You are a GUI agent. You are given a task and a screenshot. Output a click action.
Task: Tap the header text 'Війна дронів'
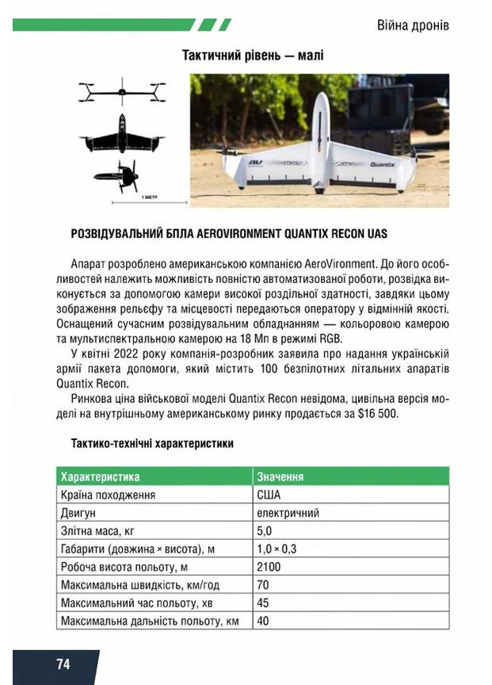413,25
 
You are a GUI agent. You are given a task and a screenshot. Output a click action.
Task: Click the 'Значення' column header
280,476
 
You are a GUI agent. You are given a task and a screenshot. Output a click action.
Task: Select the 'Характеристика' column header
100,476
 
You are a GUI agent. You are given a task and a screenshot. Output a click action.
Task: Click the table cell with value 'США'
269,495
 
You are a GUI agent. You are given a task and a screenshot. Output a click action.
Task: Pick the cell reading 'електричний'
288,513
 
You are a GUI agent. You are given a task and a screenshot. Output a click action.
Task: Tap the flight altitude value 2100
269,567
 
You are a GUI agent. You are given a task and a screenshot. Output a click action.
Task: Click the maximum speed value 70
263,585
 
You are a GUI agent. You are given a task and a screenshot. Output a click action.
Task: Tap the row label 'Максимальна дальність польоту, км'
150,621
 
